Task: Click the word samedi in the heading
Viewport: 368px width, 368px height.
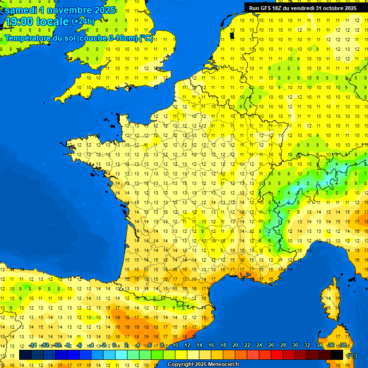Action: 21,10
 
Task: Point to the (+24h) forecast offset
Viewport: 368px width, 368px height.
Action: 83,22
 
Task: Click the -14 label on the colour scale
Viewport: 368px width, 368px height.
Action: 33,345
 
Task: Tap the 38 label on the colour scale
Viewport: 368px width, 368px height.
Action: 343,345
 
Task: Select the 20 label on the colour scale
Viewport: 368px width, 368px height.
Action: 235,345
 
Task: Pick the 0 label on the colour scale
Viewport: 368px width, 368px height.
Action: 115,345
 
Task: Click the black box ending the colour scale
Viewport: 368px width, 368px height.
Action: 337,355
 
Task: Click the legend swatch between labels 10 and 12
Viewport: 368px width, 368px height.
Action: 181,355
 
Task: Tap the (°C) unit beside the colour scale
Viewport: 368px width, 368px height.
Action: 352,356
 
